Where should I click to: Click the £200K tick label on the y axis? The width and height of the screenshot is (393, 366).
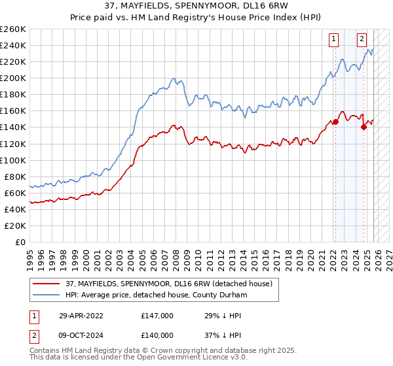(13, 78)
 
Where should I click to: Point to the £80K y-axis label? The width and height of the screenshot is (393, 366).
(15, 176)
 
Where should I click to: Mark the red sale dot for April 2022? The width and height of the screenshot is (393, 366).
(335, 122)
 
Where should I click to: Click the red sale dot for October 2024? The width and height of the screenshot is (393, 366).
(364, 127)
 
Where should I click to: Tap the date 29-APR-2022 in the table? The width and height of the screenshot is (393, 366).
(81, 315)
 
